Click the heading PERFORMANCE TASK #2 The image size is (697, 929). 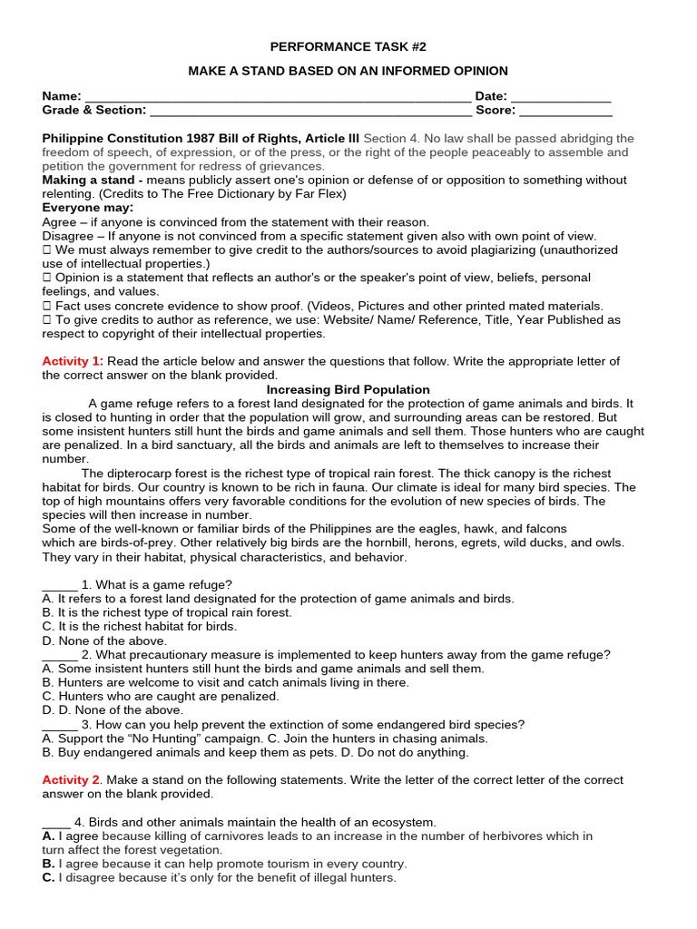[x=348, y=46]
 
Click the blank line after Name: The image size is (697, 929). [x=277, y=97]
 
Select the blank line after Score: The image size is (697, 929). [x=565, y=111]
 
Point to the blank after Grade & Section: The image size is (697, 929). [x=310, y=111]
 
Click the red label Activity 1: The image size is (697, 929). [x=73, y=361]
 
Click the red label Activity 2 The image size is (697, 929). [x=71, y=780]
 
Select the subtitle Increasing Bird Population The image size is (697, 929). [x=348, y=389]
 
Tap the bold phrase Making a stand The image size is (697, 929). [x=85, y=181]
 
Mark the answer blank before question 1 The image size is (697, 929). [x=60, y=585]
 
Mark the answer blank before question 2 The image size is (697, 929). [x=60, y=655]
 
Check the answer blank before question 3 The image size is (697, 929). [x=60, y=725]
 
